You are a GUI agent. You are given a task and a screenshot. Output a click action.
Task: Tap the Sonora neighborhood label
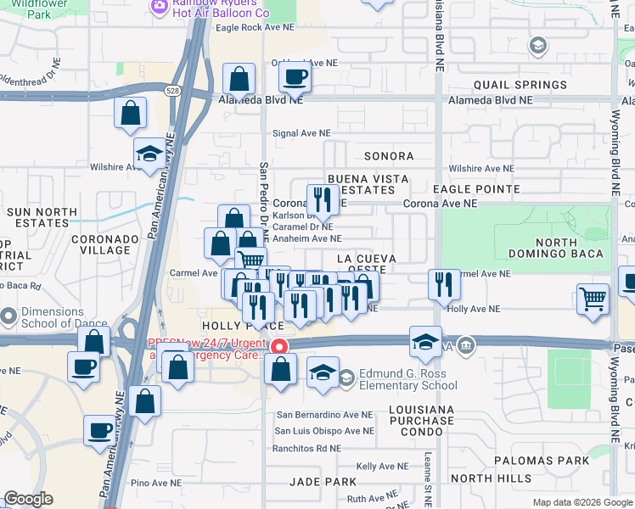[x=388, y=156]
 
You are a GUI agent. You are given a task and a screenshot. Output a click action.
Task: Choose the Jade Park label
[x=323, y=481]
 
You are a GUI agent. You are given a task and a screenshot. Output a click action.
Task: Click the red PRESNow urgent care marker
[x=278, y=346]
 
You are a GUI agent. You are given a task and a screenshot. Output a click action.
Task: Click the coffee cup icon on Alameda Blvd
[x=295, y=78]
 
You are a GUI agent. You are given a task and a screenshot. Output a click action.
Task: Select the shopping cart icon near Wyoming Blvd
[x=593, y=299]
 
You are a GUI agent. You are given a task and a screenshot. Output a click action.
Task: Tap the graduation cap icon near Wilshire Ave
[x=149, y=154]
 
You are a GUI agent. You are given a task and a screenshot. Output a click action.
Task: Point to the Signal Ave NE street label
[x=301, y=133]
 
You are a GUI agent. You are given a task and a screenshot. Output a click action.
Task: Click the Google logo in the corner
[x=28, y=499]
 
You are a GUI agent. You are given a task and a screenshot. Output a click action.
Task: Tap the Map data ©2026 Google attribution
[x=582, y=502]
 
